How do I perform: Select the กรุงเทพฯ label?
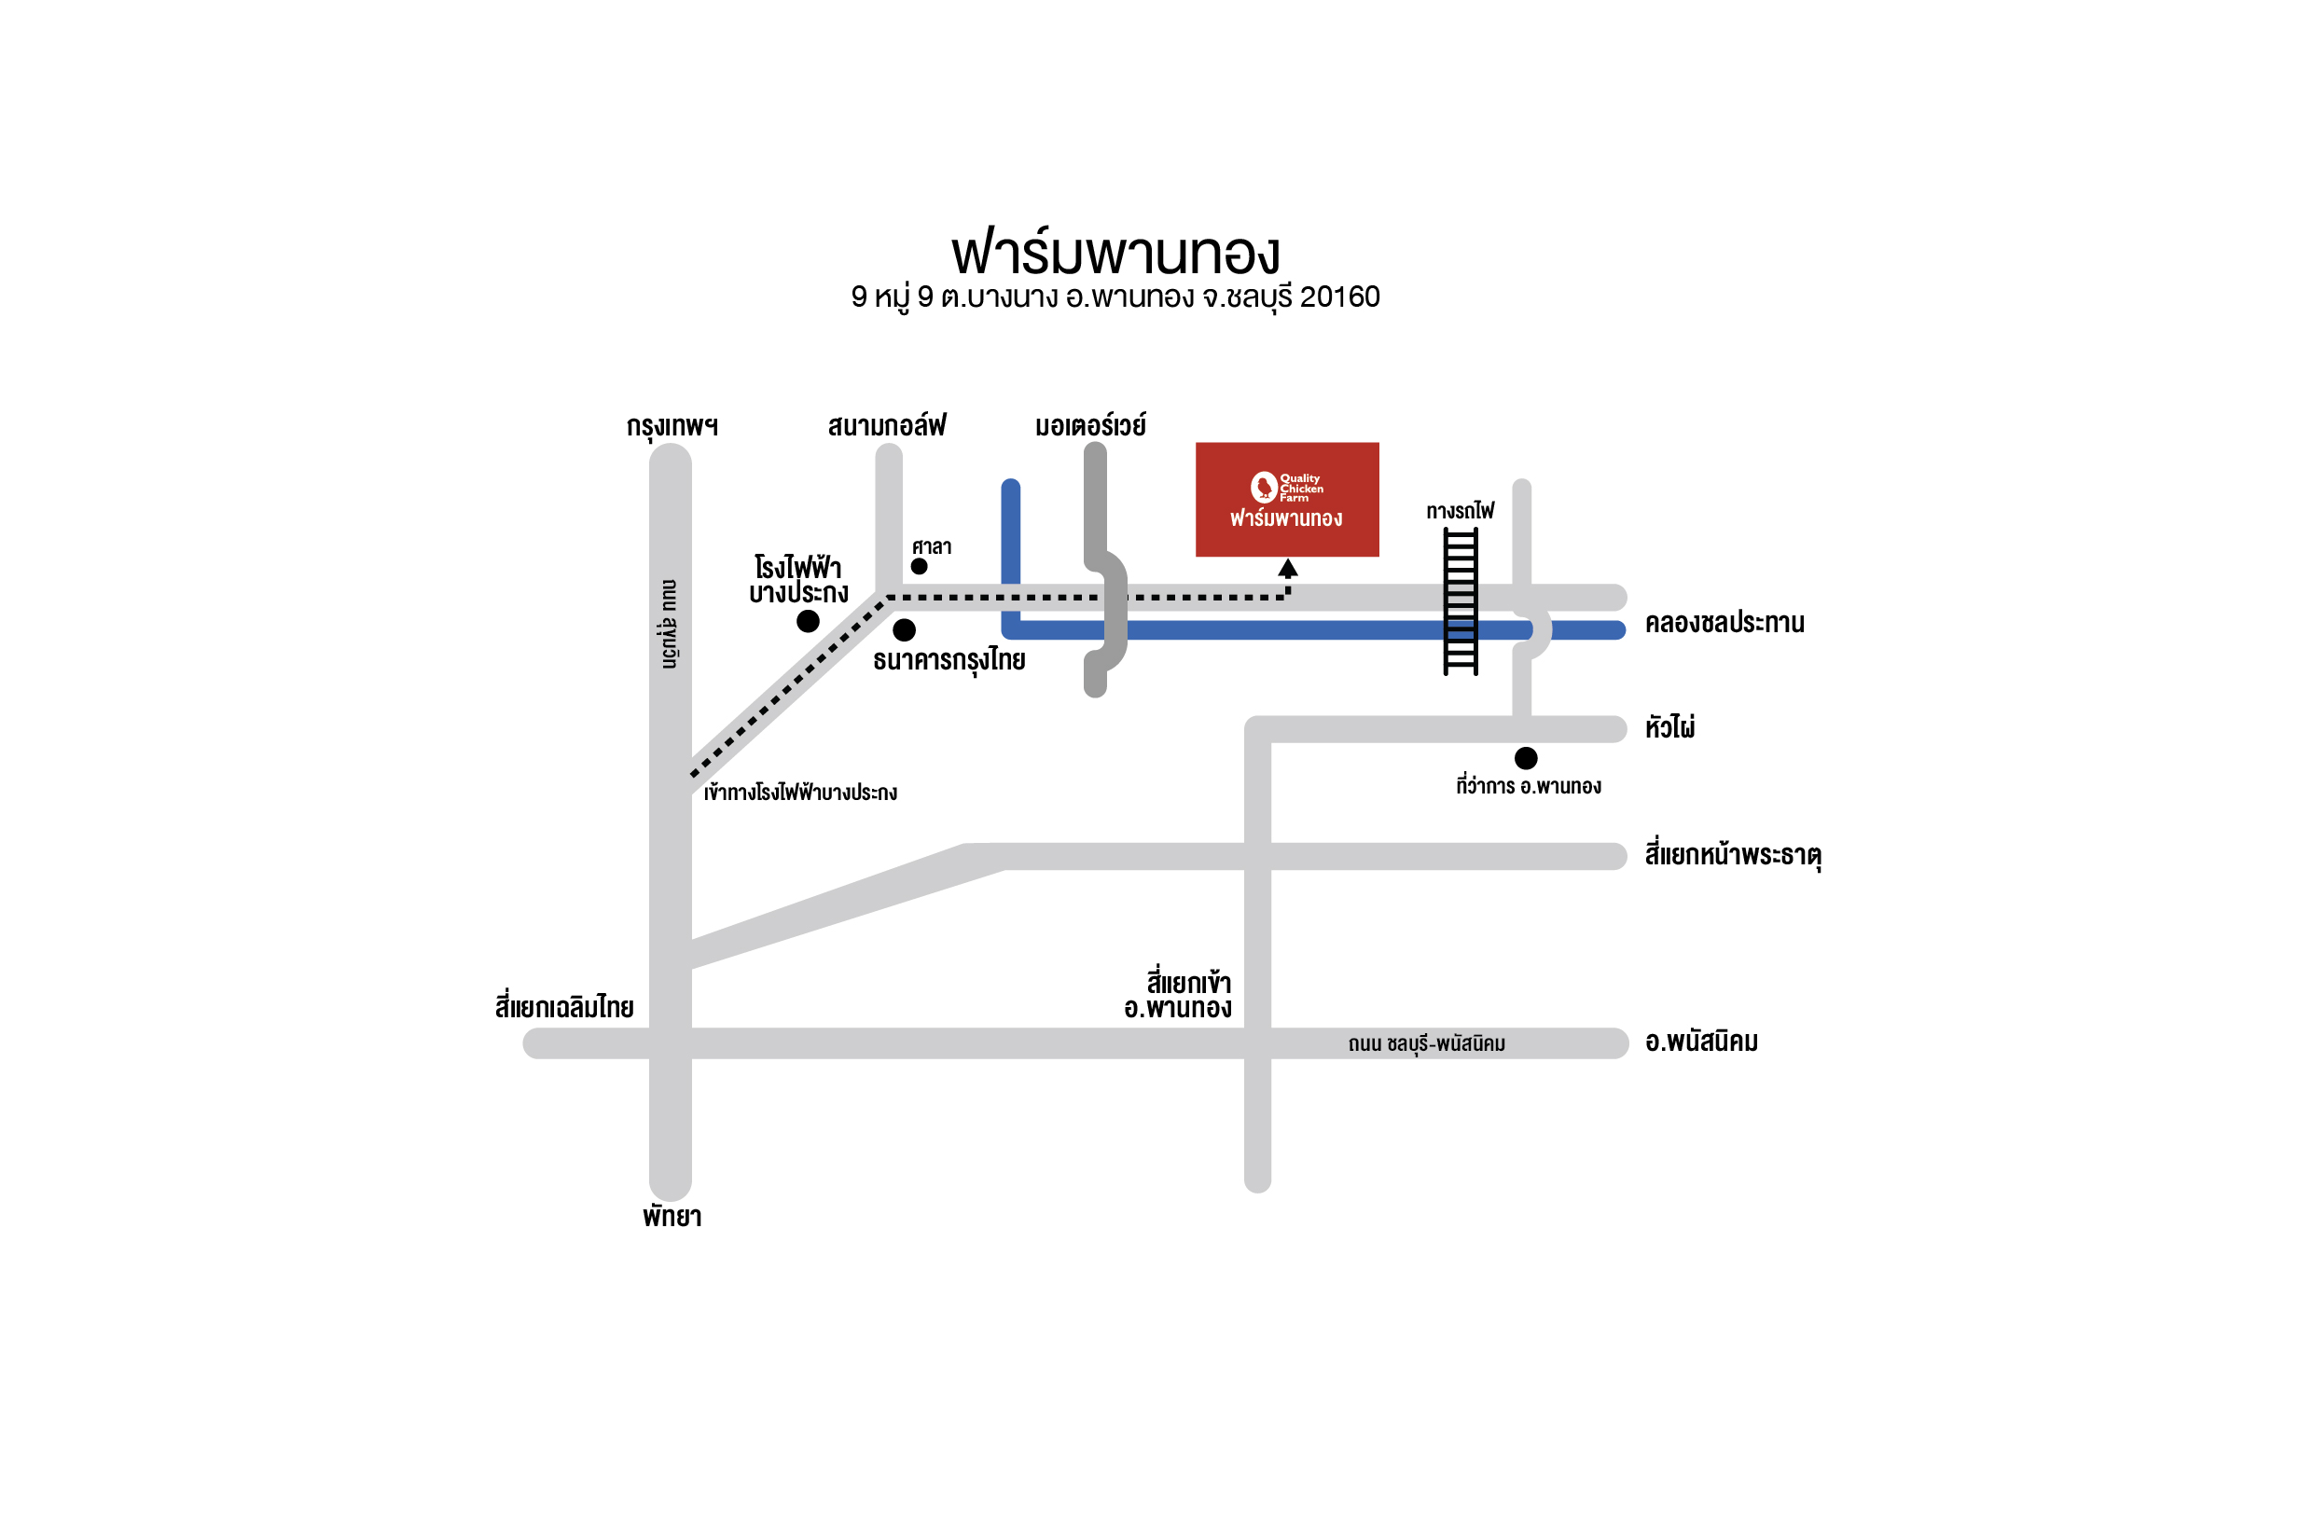(672, 427)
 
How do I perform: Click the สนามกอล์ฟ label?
(886, 424)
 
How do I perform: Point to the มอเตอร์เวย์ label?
(1090, 424)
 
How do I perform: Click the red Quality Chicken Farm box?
(1287, 500)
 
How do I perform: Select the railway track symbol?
(1461, 600)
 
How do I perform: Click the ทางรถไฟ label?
(1460, 510)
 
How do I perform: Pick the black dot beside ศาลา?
(919, 567)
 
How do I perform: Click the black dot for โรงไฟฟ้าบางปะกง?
(808, 621)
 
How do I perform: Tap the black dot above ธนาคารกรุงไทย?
(904, 629)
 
